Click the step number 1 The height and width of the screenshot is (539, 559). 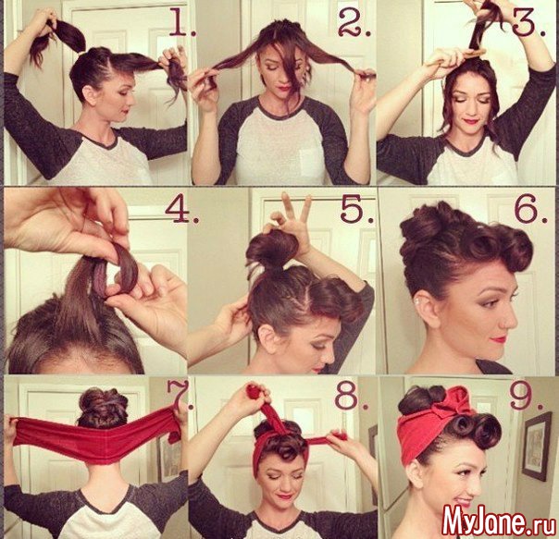click(181, 22)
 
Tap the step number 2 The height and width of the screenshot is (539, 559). click(354, 23)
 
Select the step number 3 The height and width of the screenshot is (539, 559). click(528, 23)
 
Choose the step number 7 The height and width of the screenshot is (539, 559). click(180, 395)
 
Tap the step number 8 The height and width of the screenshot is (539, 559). click(351, 395)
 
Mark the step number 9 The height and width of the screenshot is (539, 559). click(527, 396)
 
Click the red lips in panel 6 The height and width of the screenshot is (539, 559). click(499, 338)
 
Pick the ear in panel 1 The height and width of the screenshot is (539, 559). click(90, 94)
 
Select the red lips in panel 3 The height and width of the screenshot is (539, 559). click(470, 121)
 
